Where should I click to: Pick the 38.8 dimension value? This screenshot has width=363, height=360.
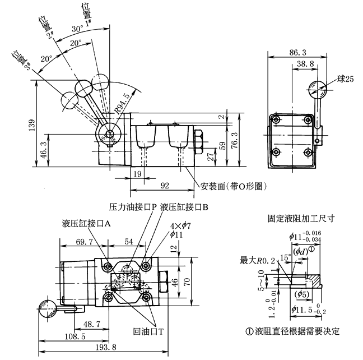tap(304, 64)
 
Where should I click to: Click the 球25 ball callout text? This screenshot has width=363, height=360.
tap(346, 80)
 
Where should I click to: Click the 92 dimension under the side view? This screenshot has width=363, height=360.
tap(165, 184)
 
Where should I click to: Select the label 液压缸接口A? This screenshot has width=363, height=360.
tap(86, 223)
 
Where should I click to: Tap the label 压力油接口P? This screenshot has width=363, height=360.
tap(132, 206)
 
